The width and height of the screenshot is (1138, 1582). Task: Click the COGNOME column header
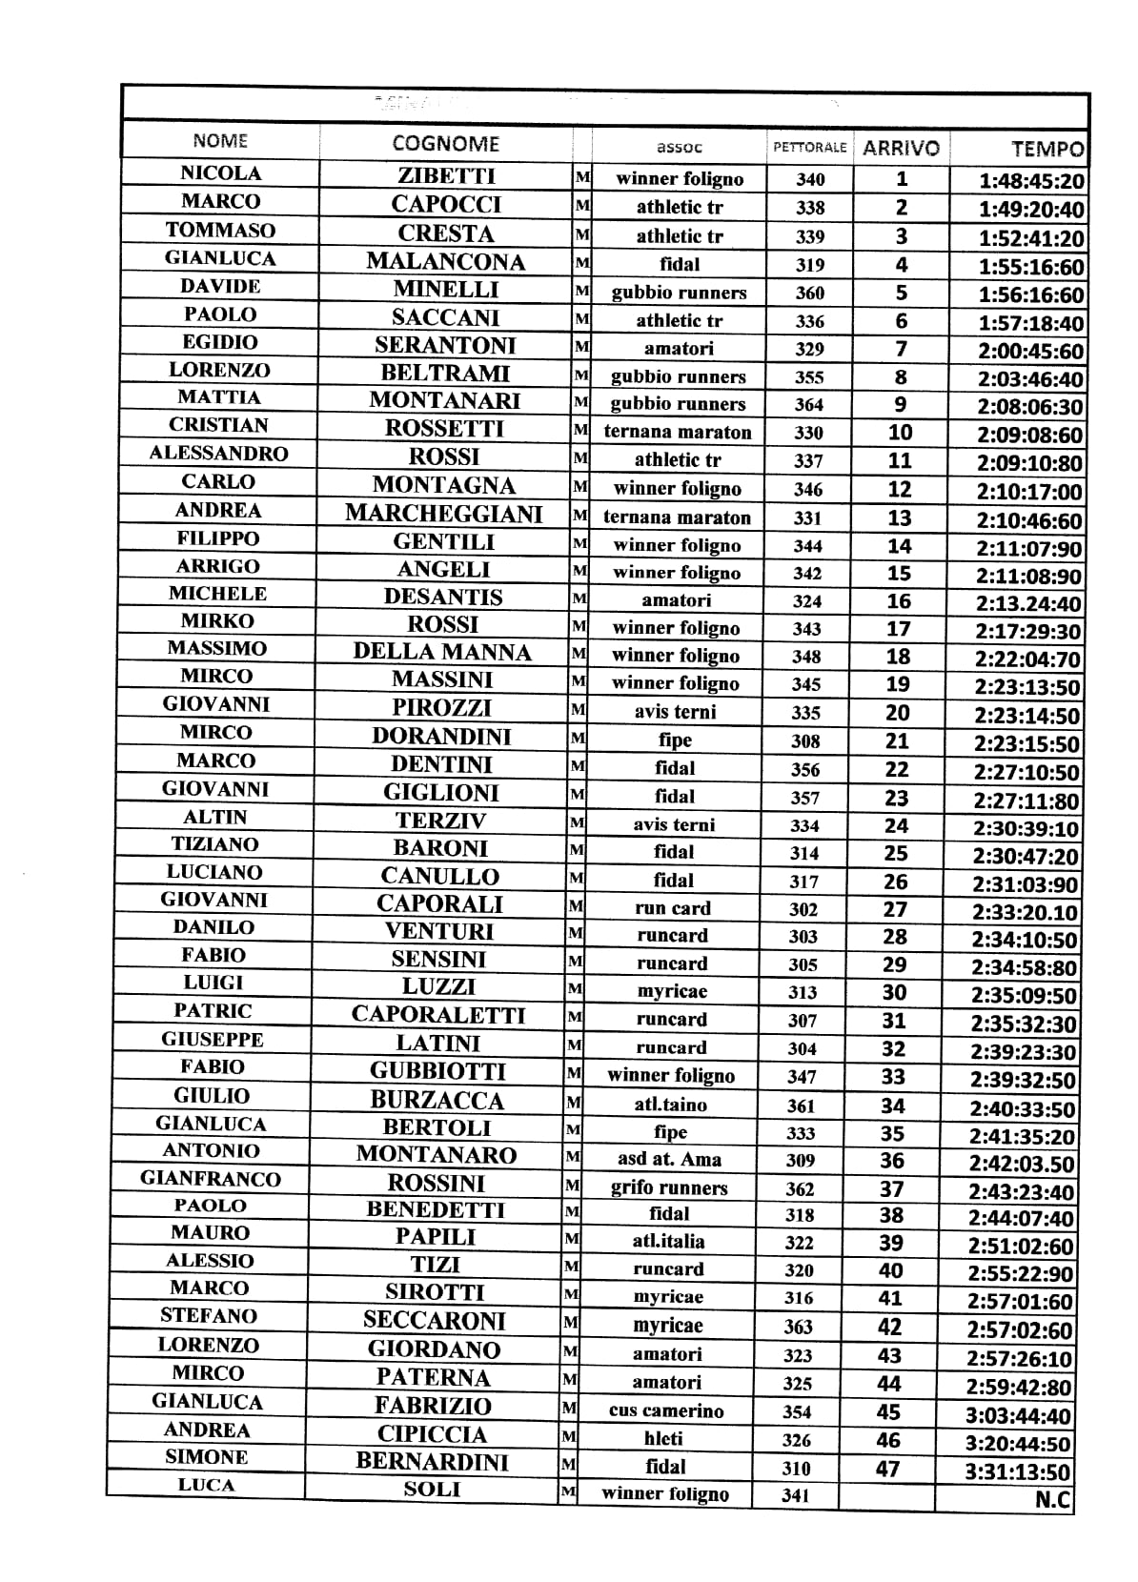click(445, 144)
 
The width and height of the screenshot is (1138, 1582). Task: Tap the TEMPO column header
click(1047, 149)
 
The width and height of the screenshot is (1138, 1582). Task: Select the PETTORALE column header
click(809, 148)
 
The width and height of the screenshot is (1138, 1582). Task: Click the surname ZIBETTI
click(446, 175)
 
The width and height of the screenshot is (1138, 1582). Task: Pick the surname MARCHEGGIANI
click(443, 514)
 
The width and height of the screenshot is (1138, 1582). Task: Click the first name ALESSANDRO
click(218, 454)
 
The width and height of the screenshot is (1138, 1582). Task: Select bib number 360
click(810, 294)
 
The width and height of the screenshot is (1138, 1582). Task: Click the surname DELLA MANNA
click(442, 653)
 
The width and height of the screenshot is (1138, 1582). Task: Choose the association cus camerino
click(666, 1411)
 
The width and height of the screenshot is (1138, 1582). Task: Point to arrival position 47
click(888, 1469)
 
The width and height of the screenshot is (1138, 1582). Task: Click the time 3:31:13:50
click(1017, 1472)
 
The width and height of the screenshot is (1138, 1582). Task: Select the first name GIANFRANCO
click(211, 1179)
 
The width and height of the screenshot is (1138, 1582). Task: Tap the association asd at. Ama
click(669, 1160)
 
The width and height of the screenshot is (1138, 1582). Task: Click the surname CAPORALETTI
click(438, 1015)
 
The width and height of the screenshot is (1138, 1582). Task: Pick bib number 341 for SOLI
click(795, 1495)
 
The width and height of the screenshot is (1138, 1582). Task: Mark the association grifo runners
click(669, 1188)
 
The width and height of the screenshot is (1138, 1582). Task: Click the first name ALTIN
click(215, 818)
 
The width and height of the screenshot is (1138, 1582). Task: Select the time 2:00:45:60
click(1030, 352)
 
